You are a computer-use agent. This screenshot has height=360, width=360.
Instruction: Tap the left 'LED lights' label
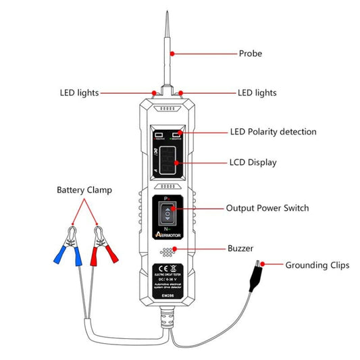click(x=80, y=93)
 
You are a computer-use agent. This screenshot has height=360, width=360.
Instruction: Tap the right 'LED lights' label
click(x=257, y=93)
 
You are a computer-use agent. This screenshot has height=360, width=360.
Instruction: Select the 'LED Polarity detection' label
click(x=274, y=132)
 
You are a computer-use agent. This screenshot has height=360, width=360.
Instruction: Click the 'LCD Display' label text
click(x=253, y=163)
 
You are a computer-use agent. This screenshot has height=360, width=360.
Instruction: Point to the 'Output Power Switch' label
click(x=267, y=208)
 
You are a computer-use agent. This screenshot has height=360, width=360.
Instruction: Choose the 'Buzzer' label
click(x=241, y=249)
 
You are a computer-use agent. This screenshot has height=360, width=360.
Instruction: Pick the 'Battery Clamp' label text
click(x=84, y=190)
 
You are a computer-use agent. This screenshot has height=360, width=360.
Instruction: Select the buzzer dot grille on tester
click(x=167, y=250)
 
